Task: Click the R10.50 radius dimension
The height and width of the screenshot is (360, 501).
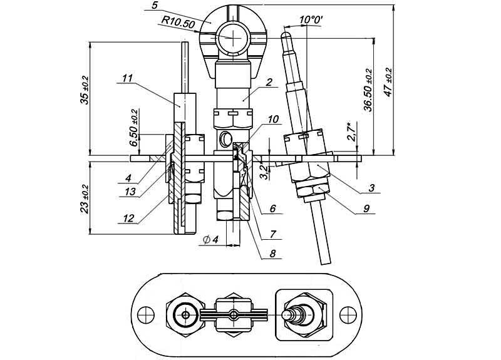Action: pos(178,23)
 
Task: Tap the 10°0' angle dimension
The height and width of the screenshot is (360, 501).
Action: pos(311,20)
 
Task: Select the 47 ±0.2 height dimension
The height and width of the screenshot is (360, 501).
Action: pos(388,82)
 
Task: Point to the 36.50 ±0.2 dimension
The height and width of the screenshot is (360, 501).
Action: pos(368,90)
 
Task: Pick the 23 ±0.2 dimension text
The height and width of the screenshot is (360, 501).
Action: pos(85,198)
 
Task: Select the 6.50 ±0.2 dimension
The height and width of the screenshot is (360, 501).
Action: pos(134,128)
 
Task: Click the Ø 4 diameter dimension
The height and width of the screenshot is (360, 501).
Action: pos(211,239)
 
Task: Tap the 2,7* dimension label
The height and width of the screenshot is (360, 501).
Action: pos(351,131)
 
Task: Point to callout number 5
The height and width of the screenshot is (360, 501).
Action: pos(155,6)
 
